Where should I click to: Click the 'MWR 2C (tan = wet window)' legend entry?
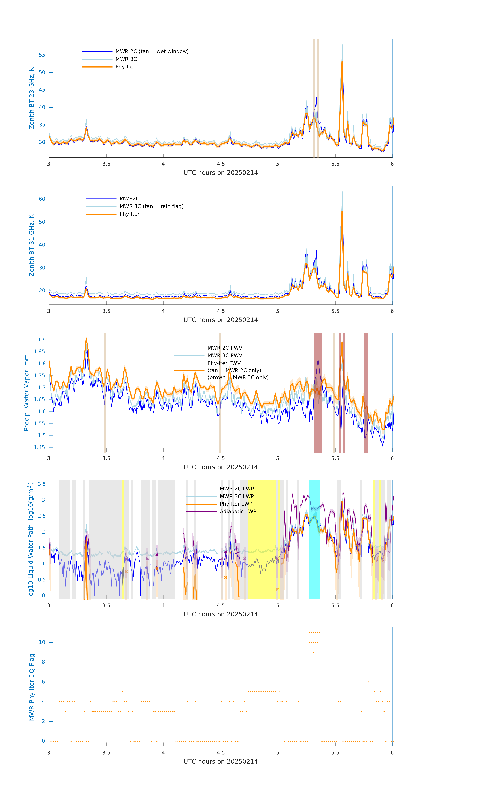coord(152,52)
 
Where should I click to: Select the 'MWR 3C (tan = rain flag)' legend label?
coord(152,206)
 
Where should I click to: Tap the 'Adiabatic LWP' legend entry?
coord(238,511)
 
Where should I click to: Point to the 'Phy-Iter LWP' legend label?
coord(236,504)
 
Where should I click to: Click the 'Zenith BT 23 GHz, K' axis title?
coord(32,98)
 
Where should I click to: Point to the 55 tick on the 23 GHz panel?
coord(42,55)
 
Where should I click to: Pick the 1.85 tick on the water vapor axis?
coord(39,352)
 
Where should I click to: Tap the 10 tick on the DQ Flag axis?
coord(42,643)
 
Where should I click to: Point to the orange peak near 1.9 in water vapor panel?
coord(86,339)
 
